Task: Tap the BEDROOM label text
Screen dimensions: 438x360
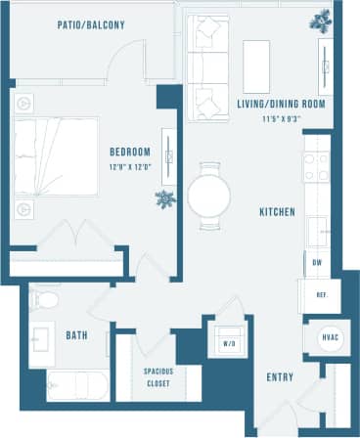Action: pos(129,152)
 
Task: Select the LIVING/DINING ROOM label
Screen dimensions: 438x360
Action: pos(281,104)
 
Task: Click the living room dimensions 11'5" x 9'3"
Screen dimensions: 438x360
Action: pos(281,118)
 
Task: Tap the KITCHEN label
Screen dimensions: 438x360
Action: pos(278,211)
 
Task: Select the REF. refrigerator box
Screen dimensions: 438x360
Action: pos(320,294)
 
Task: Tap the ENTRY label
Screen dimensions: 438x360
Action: pos(280,376)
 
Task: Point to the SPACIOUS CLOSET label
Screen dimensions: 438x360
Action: pos(158,377)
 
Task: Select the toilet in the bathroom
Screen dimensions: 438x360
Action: pos(43,297)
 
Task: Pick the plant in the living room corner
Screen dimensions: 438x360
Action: pos(320,20)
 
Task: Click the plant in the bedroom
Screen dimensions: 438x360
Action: pos(164,198)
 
